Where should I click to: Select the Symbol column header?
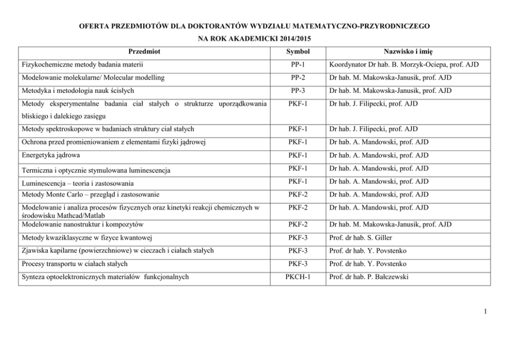point(298,52)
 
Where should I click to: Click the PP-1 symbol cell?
point(298,65)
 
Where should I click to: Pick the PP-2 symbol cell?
point(298,77)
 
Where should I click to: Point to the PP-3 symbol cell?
point(298,91)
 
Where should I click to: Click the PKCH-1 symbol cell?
point(298,277)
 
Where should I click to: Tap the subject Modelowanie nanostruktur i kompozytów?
point(83,224)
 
